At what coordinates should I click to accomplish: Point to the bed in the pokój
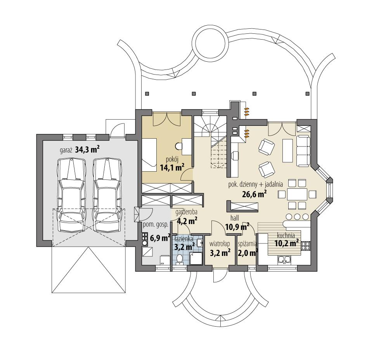coord(149,153)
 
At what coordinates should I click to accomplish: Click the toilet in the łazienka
coord(180,259)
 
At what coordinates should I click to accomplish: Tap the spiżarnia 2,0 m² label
coord(248,249)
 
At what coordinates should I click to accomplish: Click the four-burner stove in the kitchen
coord(305,245)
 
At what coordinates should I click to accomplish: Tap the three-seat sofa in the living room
coord(303,150)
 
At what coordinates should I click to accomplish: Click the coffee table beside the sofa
coord(287,150)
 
